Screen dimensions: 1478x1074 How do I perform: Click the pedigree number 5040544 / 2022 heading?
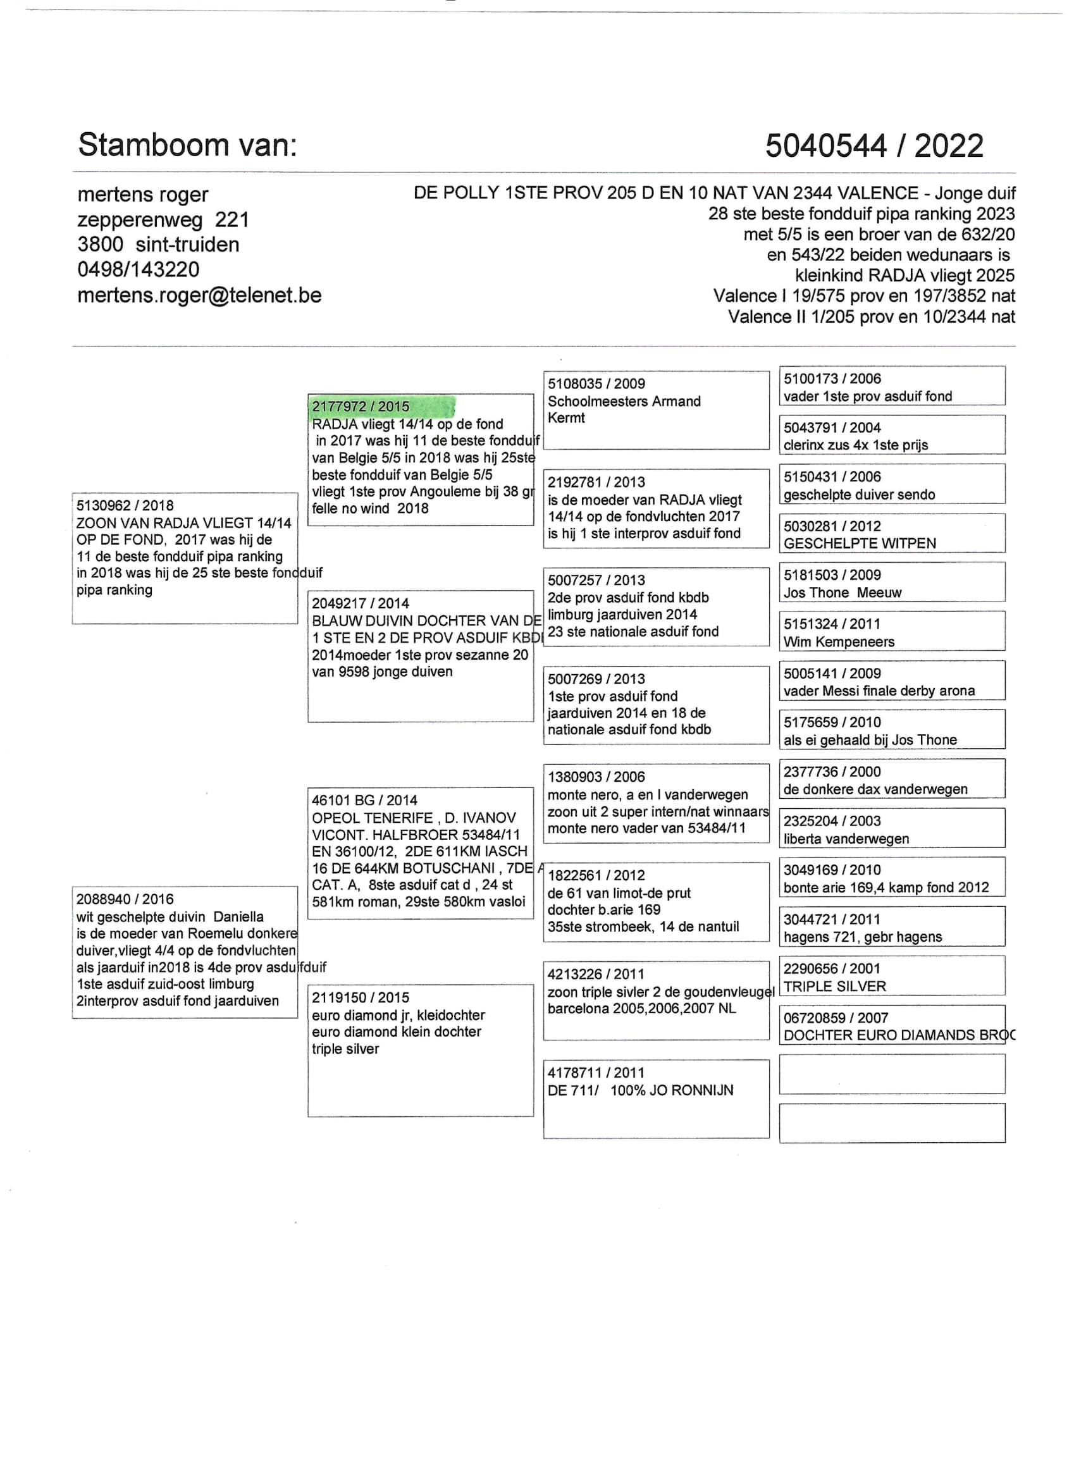(x=873, y=145)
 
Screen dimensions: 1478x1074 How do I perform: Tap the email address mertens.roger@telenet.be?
(x=199, y=295)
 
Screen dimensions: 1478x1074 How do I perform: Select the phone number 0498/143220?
(x=138, y=269)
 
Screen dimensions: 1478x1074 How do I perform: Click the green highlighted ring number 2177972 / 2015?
(x=361, y=407)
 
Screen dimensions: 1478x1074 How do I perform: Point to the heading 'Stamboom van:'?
(x=187, y=145)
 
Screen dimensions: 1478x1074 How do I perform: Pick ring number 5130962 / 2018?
(x=125, y=506)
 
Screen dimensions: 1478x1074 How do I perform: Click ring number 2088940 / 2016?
(x=125, y=899)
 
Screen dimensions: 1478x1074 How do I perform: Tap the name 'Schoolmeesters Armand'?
(x=624, y=402)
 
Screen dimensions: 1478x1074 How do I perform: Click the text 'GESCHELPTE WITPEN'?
(x=860, y=543)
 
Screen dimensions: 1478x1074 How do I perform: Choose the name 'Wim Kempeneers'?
(x=839, y=642)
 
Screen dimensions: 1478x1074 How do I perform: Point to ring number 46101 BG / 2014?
(x=364, y=800)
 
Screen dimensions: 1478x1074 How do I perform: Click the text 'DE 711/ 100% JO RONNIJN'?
(x=640, y=1090)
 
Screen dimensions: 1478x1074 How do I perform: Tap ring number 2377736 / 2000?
(x=832, y=772)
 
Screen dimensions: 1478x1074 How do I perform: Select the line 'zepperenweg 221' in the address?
(x=163, y=219)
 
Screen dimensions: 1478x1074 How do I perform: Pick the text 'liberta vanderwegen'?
(x=846, y=839)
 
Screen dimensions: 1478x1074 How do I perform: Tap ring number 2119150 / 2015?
(x=361, y=998)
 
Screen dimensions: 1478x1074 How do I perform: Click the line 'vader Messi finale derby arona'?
(x=879, y=691)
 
